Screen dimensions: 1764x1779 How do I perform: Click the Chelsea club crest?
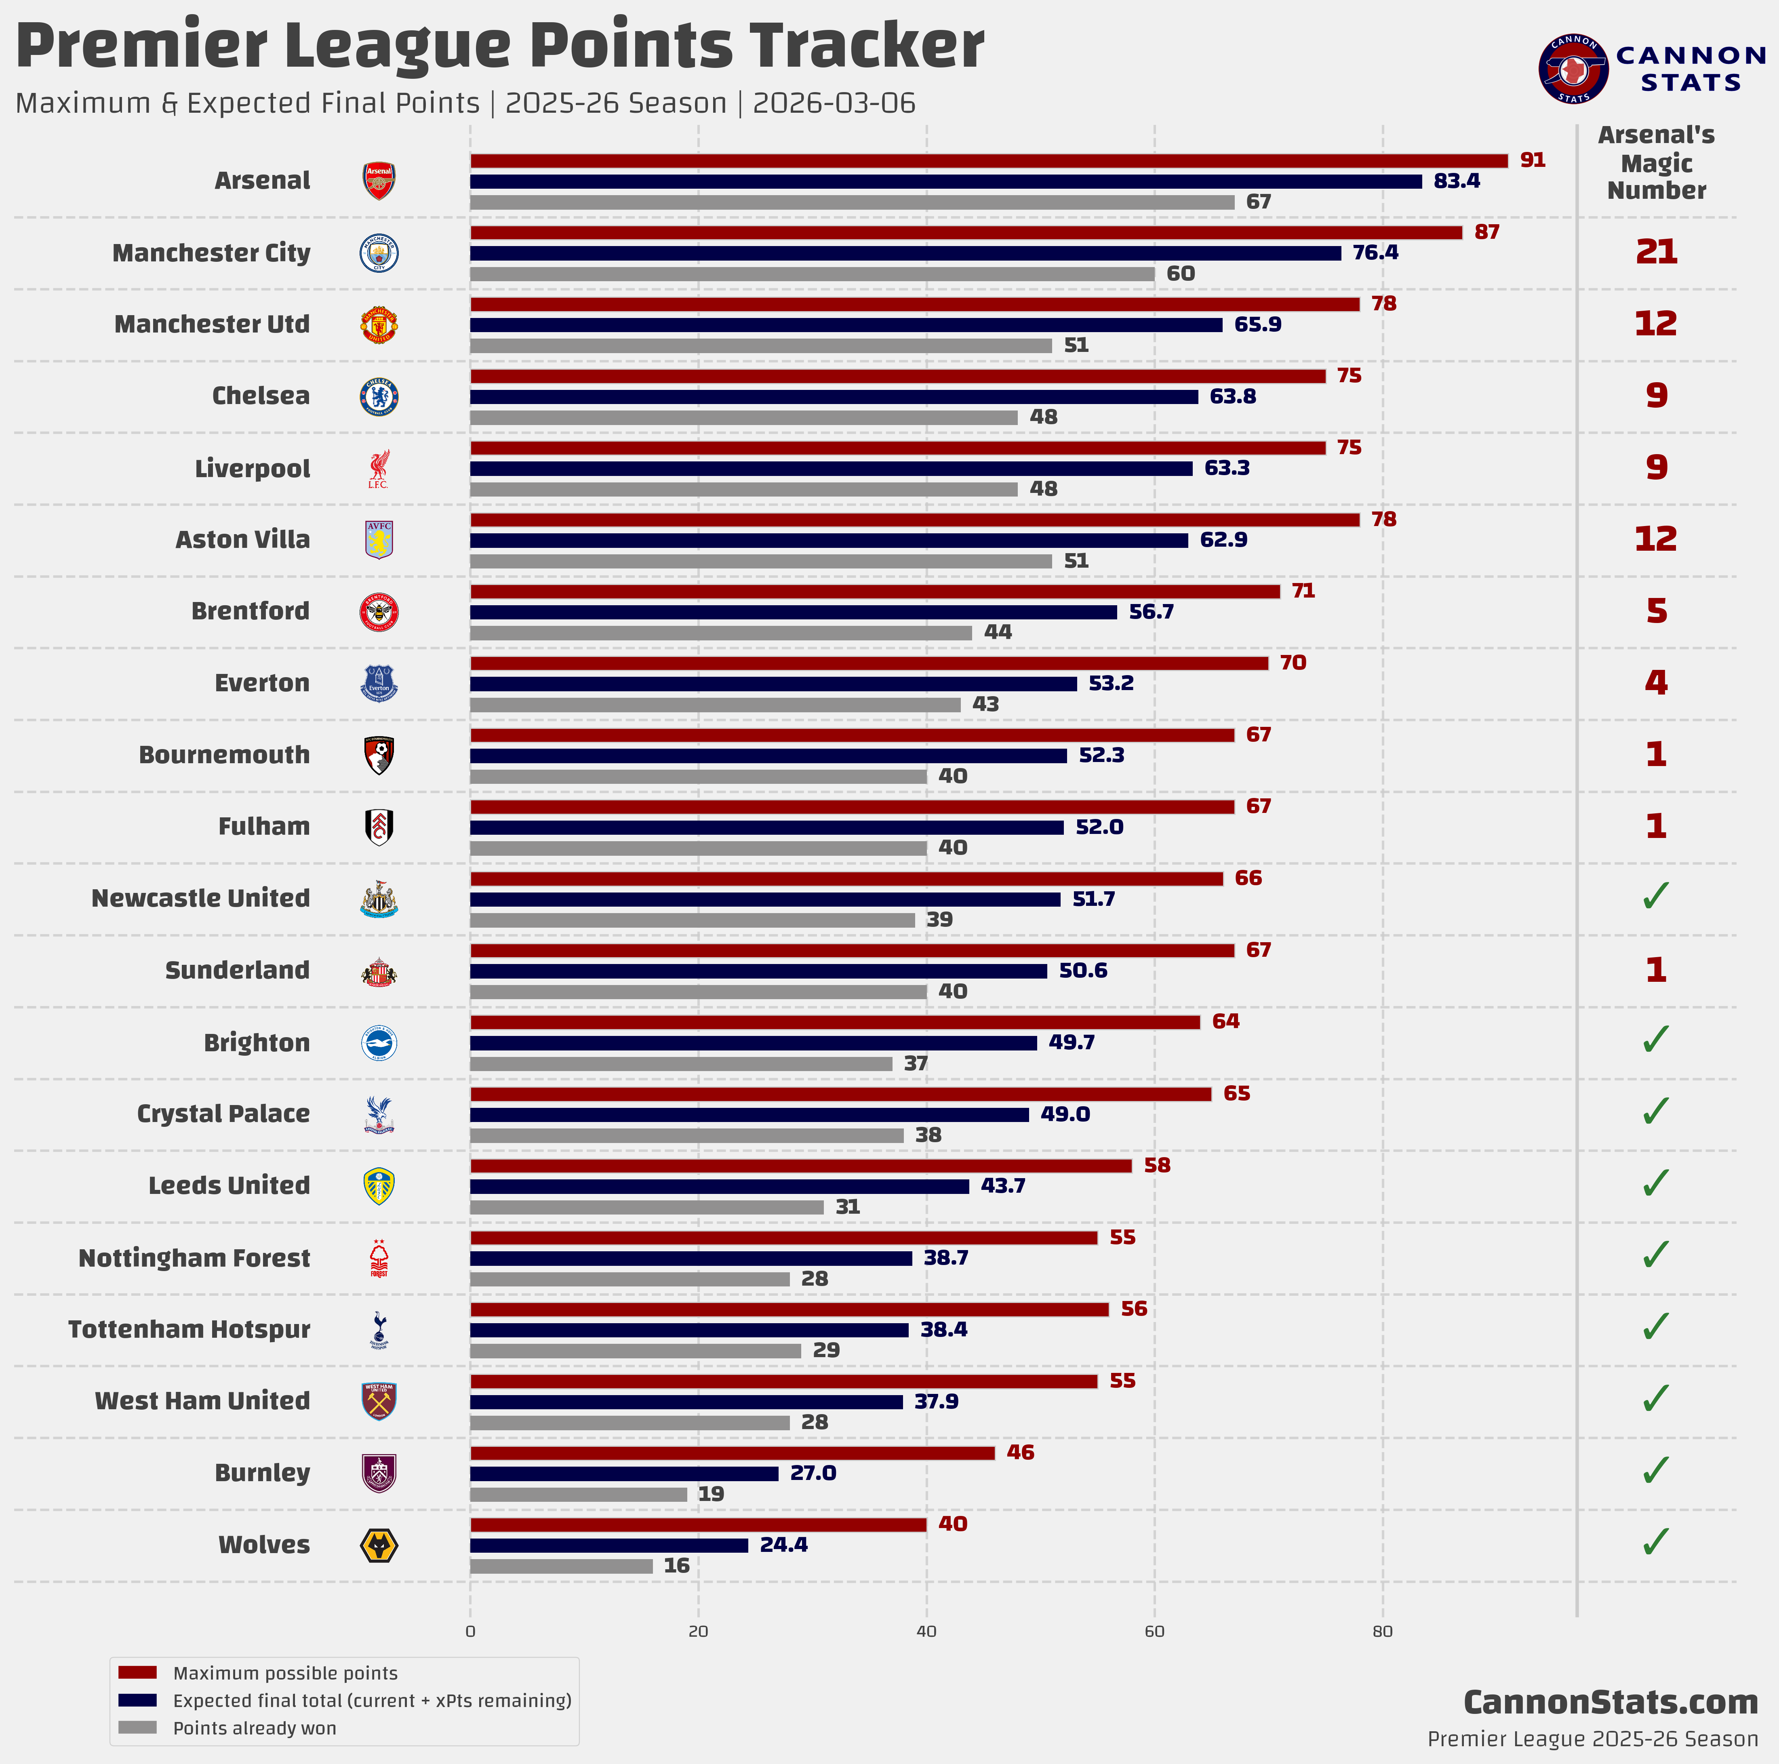(379, 397)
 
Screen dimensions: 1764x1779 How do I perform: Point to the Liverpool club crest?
(379, 469)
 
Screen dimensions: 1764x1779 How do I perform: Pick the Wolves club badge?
(379, 1545)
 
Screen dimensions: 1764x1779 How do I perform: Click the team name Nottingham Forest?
(194, 1258)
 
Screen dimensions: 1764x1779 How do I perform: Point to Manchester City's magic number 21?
(1656, 251)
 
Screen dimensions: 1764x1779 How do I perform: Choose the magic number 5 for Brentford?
(1656, 610)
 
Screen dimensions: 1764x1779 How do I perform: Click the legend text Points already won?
(254, 1728)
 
